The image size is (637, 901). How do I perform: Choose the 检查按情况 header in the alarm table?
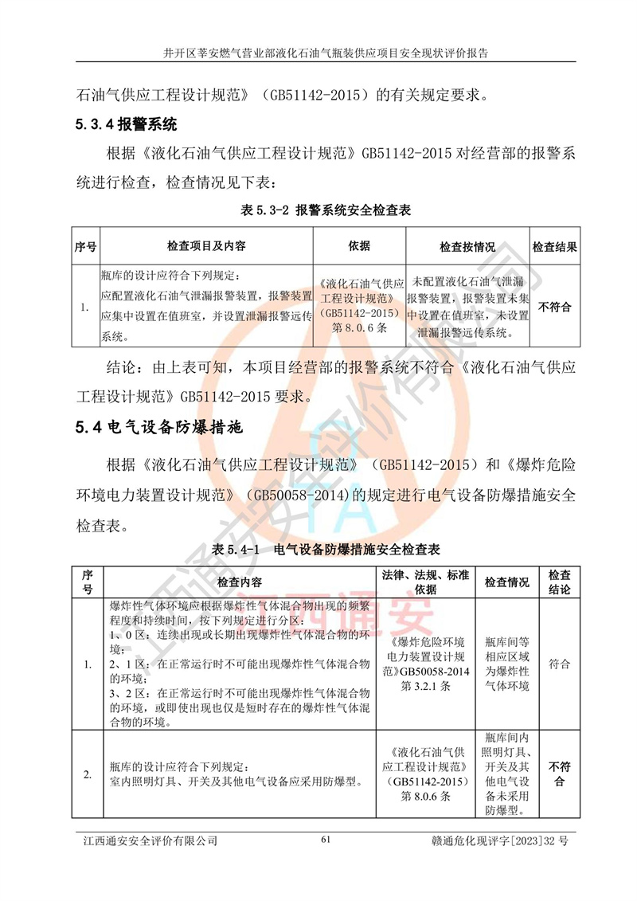[x=467, y=247]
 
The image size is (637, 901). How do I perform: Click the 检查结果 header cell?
[x=554, y=247]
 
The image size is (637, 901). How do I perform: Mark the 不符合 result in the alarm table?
[x=554, y=306]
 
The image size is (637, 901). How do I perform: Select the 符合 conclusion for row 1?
[x=560, y=662]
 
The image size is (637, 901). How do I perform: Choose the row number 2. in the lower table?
[x=88, y=774]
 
